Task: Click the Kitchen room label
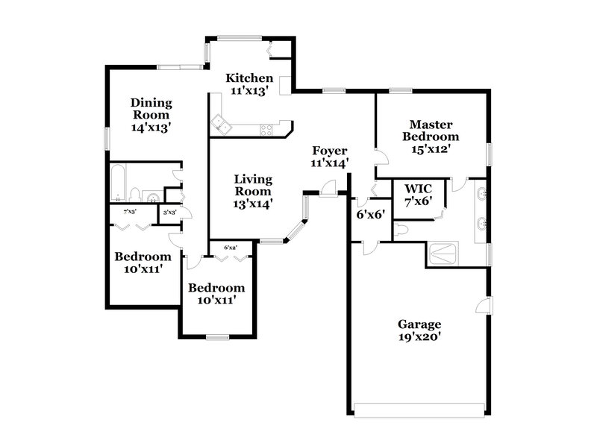point(249,78)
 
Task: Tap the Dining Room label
point(151,109)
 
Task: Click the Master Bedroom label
point(431,130)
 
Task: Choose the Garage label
point(419,324)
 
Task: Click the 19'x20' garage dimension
point(419,336)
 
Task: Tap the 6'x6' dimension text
point(369,214)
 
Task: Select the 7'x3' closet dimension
point(130,212)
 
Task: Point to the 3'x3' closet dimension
point(169,212)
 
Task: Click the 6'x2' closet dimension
point(231,247)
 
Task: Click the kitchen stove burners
point(265,130)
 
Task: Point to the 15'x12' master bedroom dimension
point(431,148)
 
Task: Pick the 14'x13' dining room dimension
point(151,128)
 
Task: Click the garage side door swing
point(484,306)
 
